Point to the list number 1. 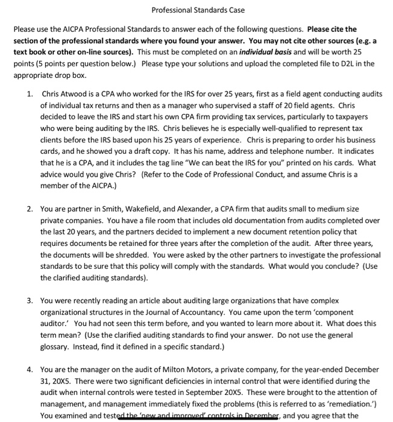pyautogui.click(x=30, y=94)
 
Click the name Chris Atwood pyautogui.click(x=66, y=94)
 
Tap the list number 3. pyautogui.click(x=30, y=300)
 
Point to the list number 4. pyautogui.click(x=30, y=369)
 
